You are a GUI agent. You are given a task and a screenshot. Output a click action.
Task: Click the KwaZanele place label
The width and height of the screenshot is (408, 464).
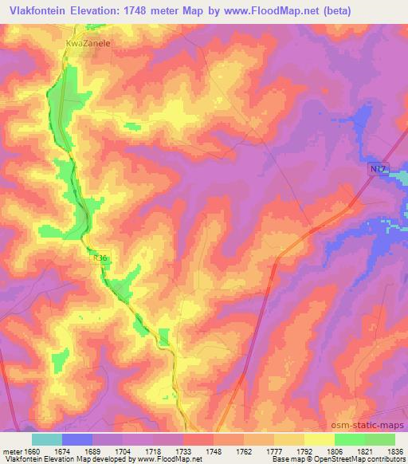88,45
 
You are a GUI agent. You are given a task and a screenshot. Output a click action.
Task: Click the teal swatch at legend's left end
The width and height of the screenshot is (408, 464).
47,439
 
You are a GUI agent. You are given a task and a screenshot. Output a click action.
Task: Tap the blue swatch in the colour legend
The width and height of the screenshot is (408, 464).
77,439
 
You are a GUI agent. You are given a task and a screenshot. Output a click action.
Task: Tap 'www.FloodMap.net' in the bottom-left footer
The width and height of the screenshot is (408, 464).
169,460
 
